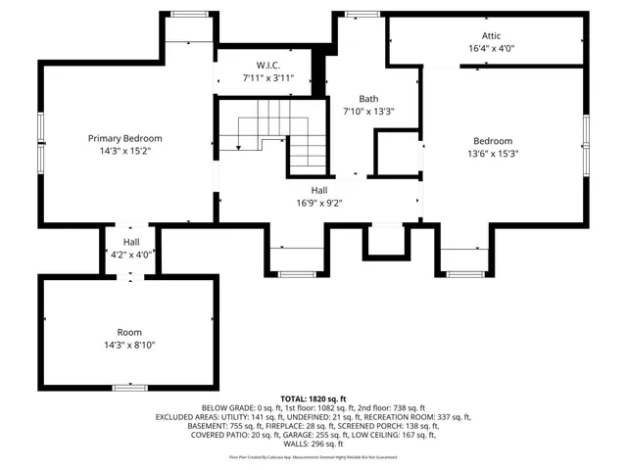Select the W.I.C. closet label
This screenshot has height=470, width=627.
pyautogui.click(x=256, y=67)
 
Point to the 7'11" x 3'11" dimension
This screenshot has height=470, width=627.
pyautogui.click(x=256, y=79)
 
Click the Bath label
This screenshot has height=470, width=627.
pyautogui.click(x=368, y=98)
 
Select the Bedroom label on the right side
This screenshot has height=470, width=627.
pyautogui.click(x=493, y=140)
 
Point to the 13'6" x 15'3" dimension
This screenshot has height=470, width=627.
pyautogui.click(x=493, y=153)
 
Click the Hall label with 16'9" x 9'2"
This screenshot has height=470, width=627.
pyautogui.click(x=319, y=190)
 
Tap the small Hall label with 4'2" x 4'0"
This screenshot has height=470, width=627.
pyautogui.click(x=131, y=242)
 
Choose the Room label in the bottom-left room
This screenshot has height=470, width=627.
pyautogui.click(x=129, y=332)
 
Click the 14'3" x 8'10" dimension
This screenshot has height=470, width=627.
pyautogui.click(x=129, y=345)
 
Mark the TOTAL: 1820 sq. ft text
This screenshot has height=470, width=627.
pyautogui.click(x=313, y=399)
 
